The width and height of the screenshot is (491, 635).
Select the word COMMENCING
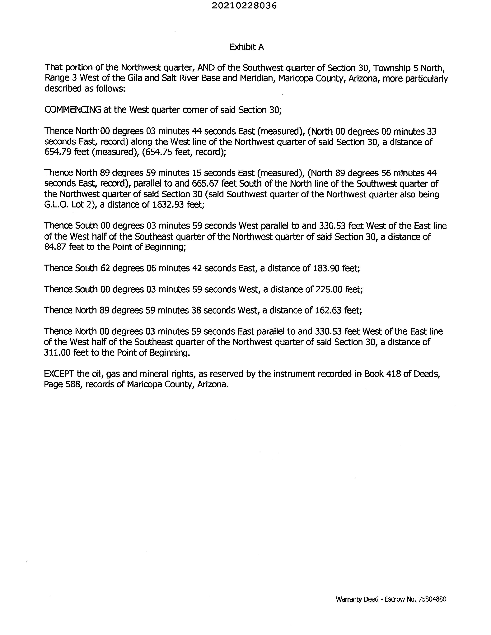[73, 110]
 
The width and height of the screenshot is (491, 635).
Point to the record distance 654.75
[157, 152]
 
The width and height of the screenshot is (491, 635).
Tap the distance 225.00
[329, 289]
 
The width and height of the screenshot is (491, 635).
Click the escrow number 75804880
[432, 599]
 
